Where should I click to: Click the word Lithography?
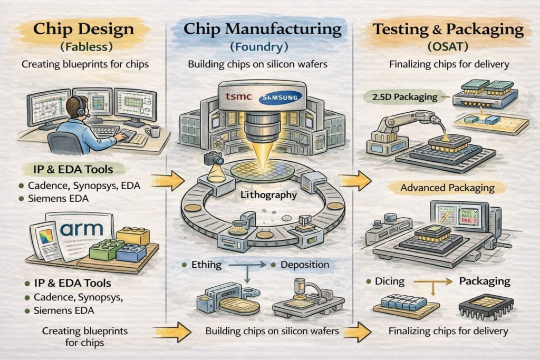(263, 196)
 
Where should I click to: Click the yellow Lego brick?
(132, 236)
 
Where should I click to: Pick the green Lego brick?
(107, 249)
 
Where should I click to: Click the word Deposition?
(305, 265)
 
